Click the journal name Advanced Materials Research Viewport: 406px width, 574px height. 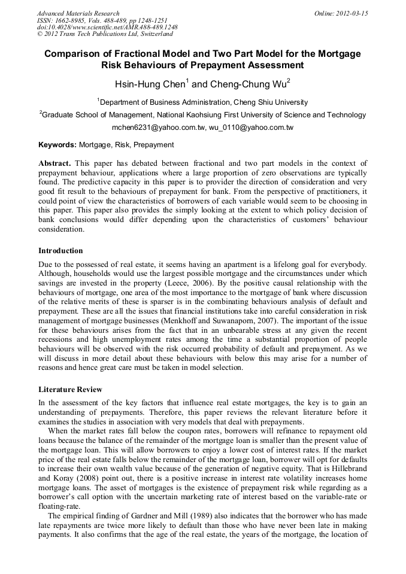tap(78, 13)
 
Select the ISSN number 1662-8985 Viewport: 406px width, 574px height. tap(70, 20)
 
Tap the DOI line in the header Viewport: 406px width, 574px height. tap(107, 28)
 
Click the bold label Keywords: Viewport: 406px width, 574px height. tap(57, 145)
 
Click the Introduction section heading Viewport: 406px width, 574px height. tap(60, 250)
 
